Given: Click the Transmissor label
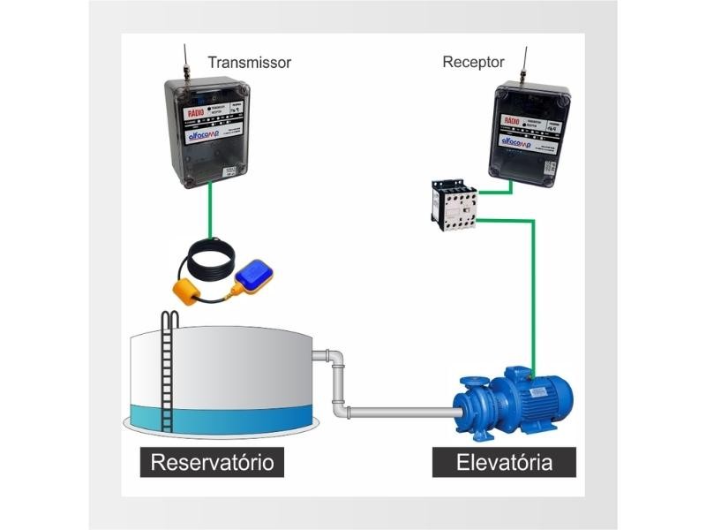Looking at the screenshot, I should [249, 63].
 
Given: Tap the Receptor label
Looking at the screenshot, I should [473, 62].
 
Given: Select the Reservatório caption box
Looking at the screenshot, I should [212, 462].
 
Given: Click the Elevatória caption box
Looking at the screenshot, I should [504, 462].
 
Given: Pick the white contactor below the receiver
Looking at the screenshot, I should [454, 204].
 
